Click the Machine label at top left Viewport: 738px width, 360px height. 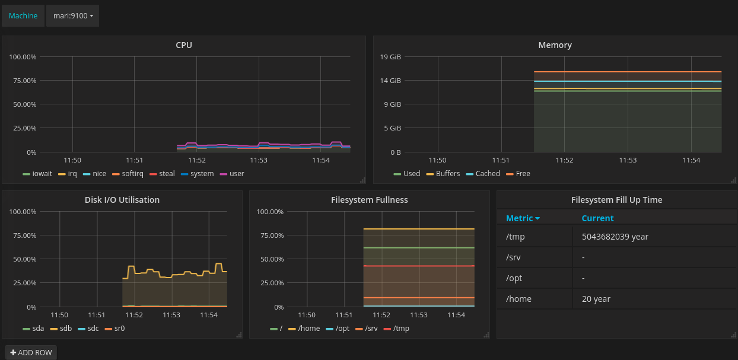tap(23, 16)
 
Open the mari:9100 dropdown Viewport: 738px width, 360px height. tap(72, 16)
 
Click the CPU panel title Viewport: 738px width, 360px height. tap(184, 45)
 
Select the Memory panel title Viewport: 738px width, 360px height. tap(555, 45)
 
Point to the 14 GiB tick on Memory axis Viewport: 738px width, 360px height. tap(391, 81)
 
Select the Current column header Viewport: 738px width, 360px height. tap(597, 218)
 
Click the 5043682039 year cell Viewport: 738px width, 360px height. tap(615, 237)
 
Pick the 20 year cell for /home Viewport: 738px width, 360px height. tap(596, 299)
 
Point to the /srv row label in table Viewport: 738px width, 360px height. tap(514, 257)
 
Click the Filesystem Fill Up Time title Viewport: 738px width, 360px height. tap(616, 200)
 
